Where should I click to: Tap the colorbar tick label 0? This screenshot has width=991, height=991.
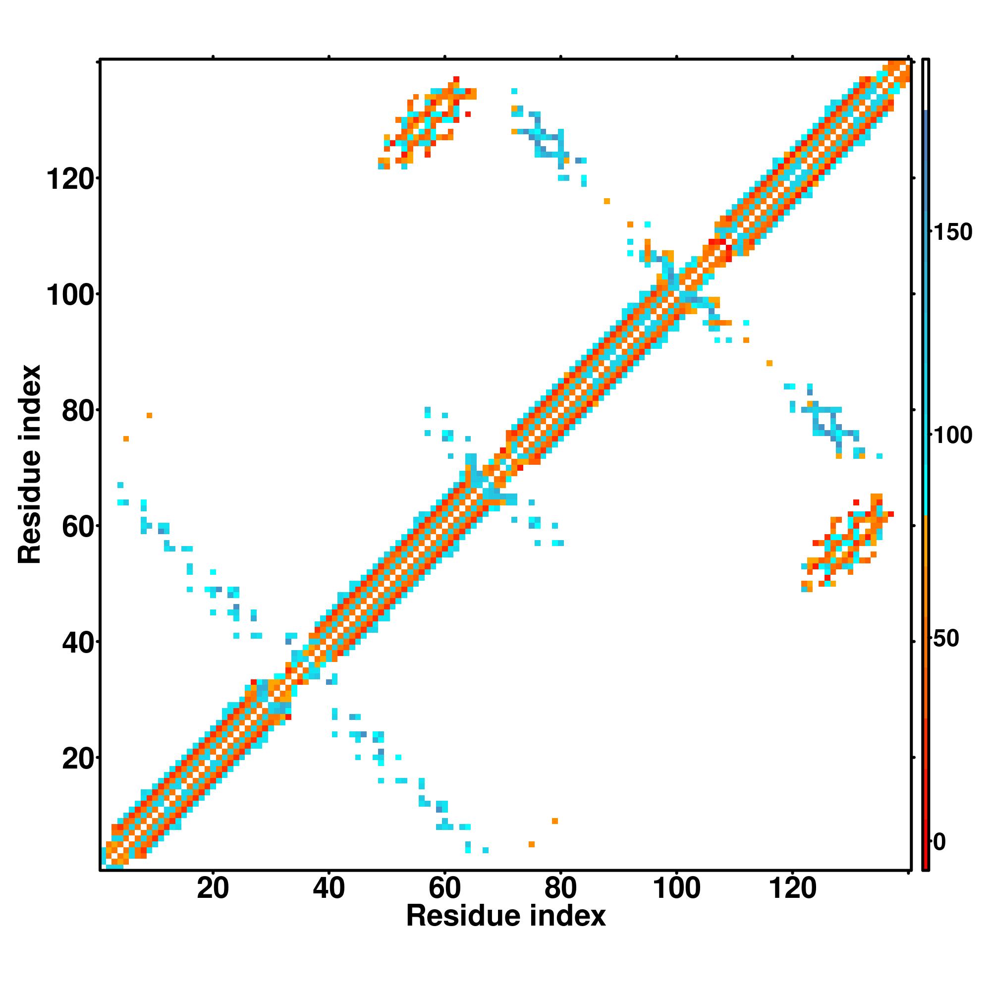[x=939, y=842]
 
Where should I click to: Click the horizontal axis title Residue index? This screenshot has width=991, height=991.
[x=506, y=916]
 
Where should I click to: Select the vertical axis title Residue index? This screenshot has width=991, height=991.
[x=30, y=464]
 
